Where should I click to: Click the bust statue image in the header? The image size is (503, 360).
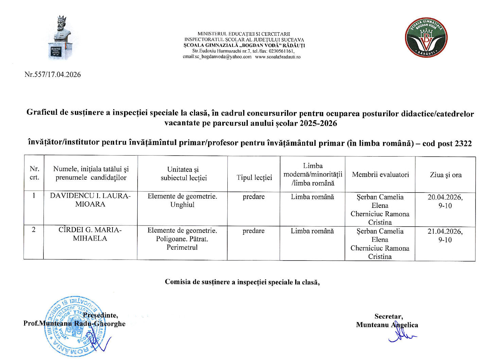(60, 37)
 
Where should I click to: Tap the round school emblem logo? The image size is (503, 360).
(426, 37)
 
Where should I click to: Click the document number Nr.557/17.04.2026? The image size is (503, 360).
(53, 75)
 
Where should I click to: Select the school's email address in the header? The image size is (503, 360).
(217, 57)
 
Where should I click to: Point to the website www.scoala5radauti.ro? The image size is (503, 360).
(278, 57)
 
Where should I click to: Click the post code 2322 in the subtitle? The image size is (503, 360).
(463, 144)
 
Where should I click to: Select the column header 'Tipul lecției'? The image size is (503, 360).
(254, 178)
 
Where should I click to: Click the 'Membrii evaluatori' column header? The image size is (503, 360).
(380, 175)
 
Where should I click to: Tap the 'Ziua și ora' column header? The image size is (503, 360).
(446, 175)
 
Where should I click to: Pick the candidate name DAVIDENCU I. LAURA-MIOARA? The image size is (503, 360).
(90, 200)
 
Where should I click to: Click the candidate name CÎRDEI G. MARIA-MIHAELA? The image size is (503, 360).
(90, 234)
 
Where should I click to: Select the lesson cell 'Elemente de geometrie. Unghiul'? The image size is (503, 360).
(182, 200)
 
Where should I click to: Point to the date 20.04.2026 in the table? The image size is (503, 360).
(445, 197)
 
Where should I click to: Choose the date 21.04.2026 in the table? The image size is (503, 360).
(445, 231)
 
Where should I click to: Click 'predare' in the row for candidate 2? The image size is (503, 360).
(253, 231)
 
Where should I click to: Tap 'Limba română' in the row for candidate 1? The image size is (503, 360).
(312, 197)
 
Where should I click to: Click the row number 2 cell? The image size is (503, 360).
(34, 230)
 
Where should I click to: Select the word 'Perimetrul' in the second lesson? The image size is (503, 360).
(182, 247)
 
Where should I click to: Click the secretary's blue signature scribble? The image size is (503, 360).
(401, 336)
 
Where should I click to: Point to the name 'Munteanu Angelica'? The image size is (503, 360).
(387, 325)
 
